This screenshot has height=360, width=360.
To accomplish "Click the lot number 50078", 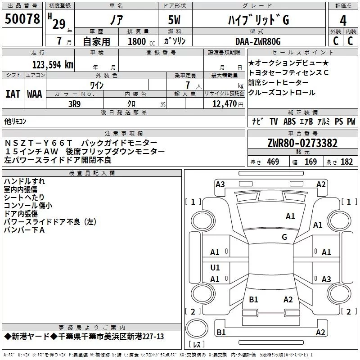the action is [x=22, y=19].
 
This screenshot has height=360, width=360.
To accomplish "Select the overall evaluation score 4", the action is [x=343, y=20].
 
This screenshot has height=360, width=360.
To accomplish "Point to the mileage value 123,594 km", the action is [x=52, y=64].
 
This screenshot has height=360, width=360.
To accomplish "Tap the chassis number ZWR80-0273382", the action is [x=302, y=144].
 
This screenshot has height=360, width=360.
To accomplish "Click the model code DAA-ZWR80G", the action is [x=258, y=41].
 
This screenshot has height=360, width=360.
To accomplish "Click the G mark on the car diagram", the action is [x=284, y=237].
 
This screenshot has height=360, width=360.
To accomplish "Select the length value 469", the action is [x=273, y=162].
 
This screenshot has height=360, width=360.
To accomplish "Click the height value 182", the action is [x=346, y=162].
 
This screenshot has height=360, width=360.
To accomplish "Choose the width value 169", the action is [x=310, y=162].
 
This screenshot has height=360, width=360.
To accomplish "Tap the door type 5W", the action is [x=175, y=21].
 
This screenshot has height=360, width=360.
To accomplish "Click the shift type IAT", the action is [x=13, y=94].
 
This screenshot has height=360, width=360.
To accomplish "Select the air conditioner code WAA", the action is [x=35, y=94].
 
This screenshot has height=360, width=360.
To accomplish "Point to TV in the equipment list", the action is [x=274, y=121].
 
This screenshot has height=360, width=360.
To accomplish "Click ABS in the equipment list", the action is [x=289, y=121].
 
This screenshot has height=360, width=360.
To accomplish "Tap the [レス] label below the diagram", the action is [x=197, y=345].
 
